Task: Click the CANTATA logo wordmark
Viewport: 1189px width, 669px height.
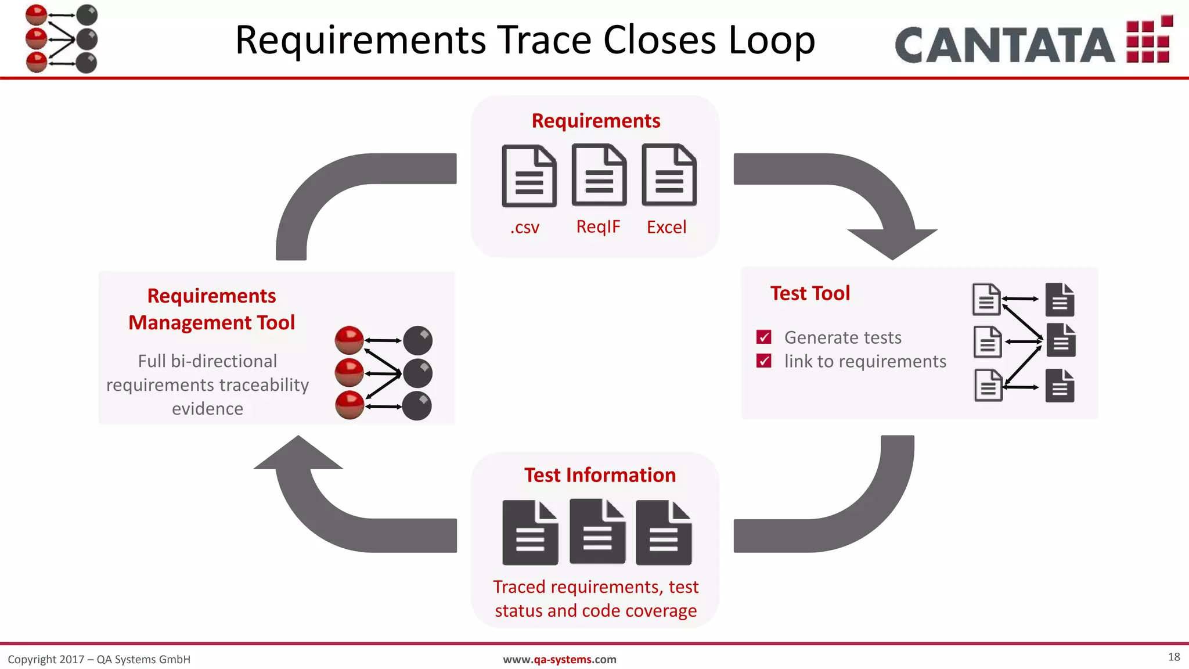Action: pos(1004,45)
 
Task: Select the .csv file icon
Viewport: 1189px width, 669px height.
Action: pos(529,177)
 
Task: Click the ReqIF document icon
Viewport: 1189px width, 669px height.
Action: pos(599,175)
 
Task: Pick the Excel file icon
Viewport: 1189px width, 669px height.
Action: pos(669,175)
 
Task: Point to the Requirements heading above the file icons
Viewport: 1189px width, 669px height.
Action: pos(596,121)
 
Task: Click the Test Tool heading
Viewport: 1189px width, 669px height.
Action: pos(810,293)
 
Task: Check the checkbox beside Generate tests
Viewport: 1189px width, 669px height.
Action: pos(764,337)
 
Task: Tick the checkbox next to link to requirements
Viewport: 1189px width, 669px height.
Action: pos(764,361)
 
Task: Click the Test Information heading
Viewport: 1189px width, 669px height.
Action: pos(600,475)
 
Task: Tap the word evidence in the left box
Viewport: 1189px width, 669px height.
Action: pos(207,409)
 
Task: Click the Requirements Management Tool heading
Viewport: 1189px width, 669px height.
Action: pos(212,309)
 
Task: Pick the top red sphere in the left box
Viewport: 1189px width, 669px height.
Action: pos(349,340)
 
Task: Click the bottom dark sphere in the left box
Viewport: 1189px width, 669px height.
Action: pos(417,406)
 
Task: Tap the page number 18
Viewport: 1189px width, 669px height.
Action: pos(1173,657)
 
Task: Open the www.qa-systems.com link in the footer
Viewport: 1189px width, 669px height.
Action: pos(559,659)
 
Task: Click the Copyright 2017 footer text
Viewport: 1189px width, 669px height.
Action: pos(99,659)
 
